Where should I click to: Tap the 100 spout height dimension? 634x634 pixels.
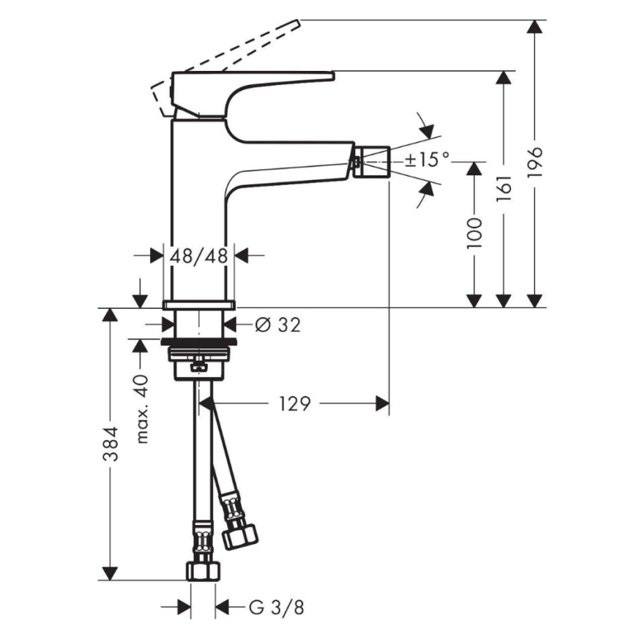[474, 232]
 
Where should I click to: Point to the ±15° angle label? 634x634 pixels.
[426, 159]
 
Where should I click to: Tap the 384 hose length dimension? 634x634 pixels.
[110, 444]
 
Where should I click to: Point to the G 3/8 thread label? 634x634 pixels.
[275, 607]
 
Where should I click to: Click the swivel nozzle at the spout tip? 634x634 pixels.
[371, 160]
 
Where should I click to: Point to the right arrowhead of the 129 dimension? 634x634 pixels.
[381, 403]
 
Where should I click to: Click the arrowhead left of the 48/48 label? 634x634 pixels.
[156, 256]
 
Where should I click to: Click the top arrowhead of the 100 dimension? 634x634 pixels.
[474, 168]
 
